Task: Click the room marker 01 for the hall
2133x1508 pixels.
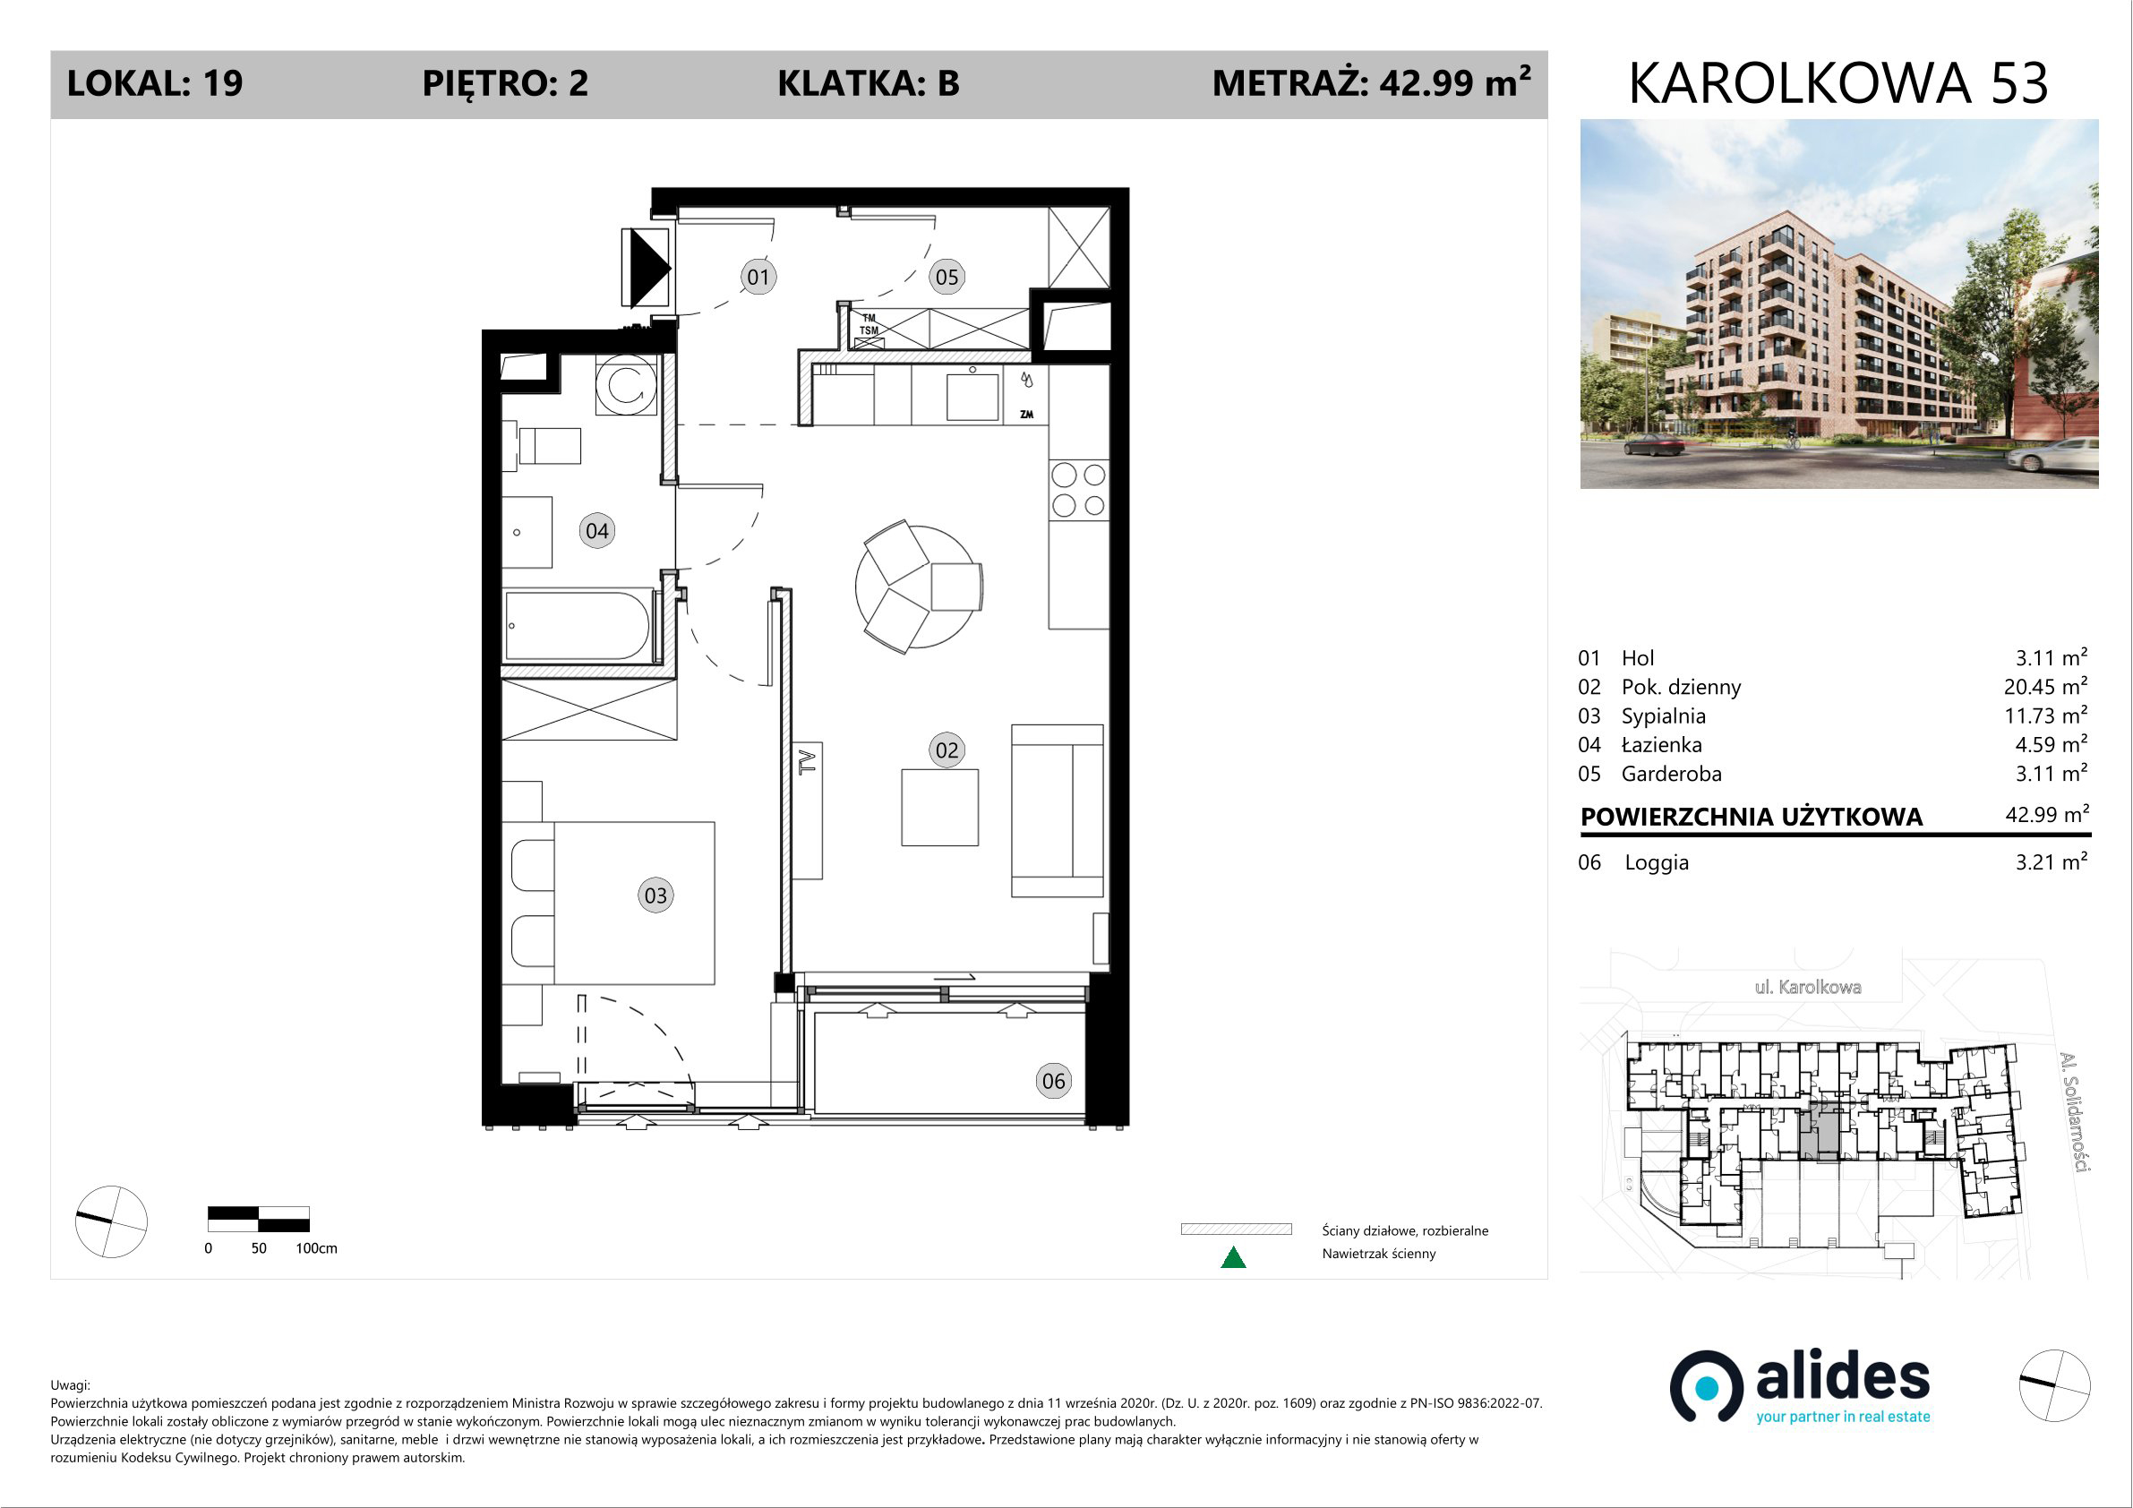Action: tap(758, 277)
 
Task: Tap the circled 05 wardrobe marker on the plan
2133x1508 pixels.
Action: tap(947, 277)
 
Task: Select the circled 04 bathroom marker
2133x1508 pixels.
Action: tap(596, 531)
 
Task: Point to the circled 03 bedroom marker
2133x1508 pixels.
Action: tap(655, 895)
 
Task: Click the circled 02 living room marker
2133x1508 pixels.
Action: tap(947, 750)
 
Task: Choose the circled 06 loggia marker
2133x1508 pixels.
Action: tap(1053, 1081)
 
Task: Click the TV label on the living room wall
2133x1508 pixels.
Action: tap(807, 763)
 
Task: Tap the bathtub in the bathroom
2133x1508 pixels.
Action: tap(578, 626)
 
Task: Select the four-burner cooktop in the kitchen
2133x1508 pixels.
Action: tap(1078, 490)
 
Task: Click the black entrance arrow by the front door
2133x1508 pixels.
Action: tap(648, 269)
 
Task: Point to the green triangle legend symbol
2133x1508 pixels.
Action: tap(1233, 1258)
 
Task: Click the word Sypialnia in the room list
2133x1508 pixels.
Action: tap(1663, 715)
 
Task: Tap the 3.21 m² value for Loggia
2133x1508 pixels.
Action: tap(2052, 861)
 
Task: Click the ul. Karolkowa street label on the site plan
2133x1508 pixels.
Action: tap(1807, 988)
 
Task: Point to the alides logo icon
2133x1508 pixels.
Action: tap(1707, 1387)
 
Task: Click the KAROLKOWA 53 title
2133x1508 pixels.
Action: tap(1838, 83)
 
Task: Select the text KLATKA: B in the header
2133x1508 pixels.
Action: tap(868, 83)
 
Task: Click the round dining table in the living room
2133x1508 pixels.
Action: tap(919, 587)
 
